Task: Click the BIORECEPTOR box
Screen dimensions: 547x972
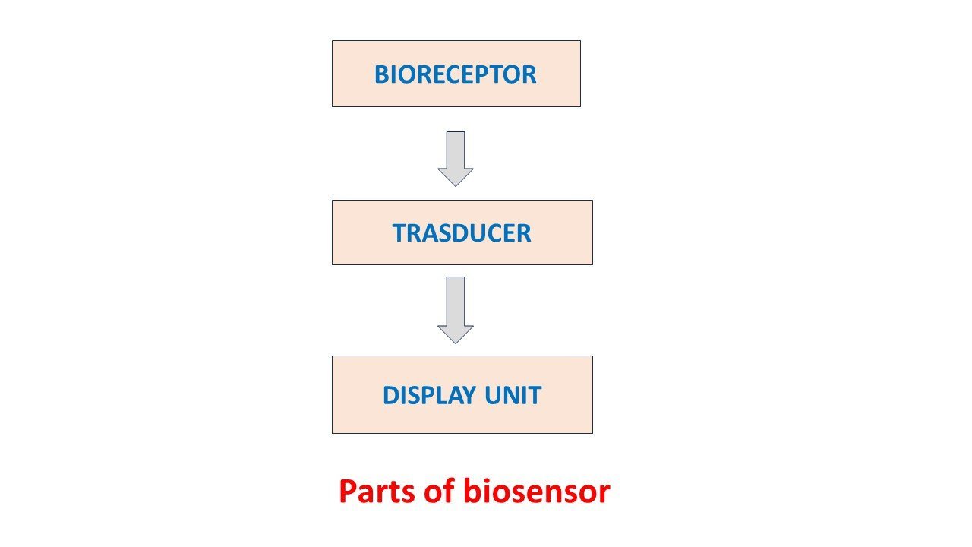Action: point(456,74)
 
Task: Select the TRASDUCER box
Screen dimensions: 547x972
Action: point(462,232)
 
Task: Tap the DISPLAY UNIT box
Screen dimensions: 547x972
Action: point(462,394)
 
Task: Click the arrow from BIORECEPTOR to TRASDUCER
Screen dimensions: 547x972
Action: point(456,158)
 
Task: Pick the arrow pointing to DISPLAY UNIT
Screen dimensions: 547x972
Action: point(456,308)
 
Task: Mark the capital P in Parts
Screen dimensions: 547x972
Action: point(347,492)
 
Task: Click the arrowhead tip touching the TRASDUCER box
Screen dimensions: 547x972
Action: point(456,185)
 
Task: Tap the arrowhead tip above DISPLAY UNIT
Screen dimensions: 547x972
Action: point(456,343)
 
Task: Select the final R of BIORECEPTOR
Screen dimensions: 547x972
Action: point(529,74)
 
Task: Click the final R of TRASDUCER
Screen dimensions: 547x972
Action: point(524,233)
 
